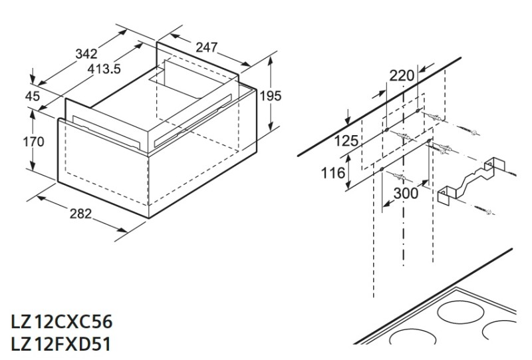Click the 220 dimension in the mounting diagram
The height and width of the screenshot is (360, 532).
pos(402,75)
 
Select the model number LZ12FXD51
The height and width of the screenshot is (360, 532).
pos(61,345)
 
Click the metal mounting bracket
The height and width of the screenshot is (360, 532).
pos(468,180)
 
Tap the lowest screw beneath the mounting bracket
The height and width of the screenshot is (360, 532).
pos(486,211)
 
